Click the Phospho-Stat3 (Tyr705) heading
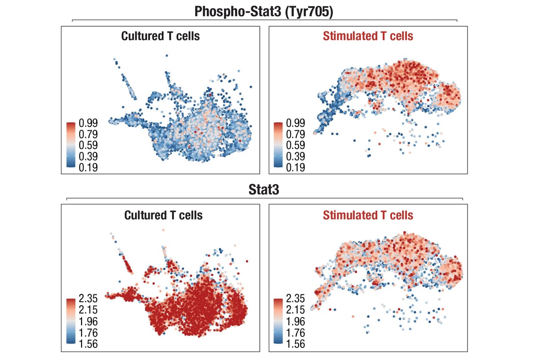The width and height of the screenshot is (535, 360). [264, 11]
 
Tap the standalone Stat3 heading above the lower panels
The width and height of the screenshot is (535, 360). [265, 191]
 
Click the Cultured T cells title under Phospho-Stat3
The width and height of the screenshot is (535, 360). [160, 36]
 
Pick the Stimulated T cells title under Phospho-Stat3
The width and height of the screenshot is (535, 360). [368, 36]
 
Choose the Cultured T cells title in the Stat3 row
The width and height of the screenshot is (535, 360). [163, 215]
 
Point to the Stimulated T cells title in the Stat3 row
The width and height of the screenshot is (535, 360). [368, 215]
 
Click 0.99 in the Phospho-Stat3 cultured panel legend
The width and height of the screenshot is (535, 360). [88, 123]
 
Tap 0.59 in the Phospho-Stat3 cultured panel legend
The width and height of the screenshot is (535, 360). [88, 145]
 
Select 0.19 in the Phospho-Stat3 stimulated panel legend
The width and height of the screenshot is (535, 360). [295, 167]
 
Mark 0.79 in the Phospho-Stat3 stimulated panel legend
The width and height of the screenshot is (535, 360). [295, 135]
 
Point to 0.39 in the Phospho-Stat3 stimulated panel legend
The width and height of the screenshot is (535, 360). [295, 156]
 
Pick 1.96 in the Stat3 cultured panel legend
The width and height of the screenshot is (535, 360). [88, 322]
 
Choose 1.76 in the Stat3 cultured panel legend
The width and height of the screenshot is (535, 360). [88, 333]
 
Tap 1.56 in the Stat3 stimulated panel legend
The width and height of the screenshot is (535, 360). [295, 344]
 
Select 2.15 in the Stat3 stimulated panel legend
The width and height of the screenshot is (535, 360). [295, 310]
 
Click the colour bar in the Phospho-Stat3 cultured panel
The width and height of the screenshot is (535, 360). [71, 145]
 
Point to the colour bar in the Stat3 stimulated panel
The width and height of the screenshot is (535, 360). [278, 322]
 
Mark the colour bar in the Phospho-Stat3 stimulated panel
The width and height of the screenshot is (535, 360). [278, 145]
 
